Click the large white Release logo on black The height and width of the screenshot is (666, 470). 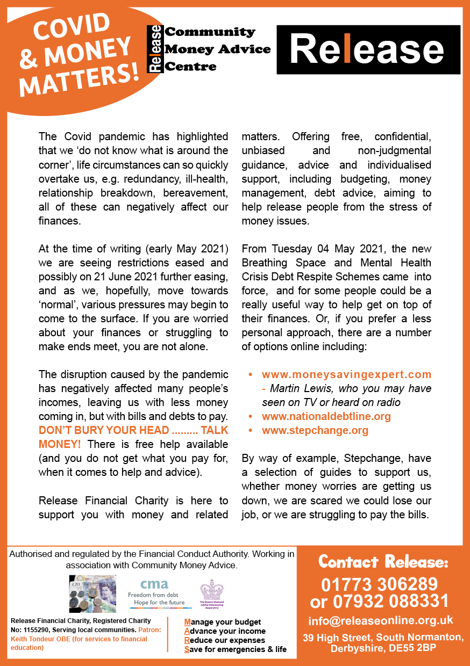368,49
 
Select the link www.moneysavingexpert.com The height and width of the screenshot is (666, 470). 346,374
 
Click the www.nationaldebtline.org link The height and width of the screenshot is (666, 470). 326,416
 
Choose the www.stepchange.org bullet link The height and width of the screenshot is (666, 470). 315,430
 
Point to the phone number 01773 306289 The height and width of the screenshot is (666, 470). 379,584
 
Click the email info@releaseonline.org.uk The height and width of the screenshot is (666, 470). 380,621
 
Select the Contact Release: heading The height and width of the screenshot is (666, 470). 383,562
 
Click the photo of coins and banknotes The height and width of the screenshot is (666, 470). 92,593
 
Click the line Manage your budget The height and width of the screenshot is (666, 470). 223,622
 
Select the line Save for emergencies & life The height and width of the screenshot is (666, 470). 235,649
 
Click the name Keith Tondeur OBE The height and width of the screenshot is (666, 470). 34,639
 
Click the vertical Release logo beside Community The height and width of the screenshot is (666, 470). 155,49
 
